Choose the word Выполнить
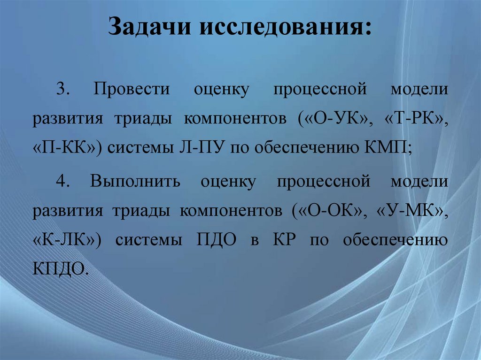point(136,181)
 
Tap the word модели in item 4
point(419,181)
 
